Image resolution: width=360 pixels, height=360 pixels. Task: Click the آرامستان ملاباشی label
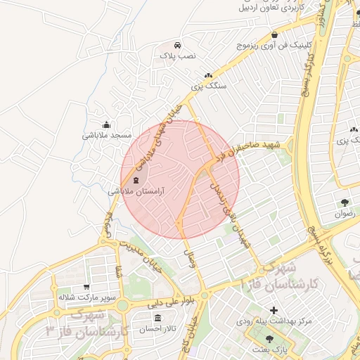pos(136,191)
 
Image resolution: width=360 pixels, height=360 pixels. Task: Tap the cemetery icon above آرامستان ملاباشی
pos(136,181)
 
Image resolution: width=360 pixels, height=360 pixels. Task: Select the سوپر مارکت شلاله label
pos(86,297)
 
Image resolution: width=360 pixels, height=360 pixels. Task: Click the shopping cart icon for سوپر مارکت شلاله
pos(86,287)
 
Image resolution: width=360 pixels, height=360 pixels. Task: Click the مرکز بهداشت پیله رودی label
pos(274,321)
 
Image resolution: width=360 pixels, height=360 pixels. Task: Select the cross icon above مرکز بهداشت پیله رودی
pos(274,310)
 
